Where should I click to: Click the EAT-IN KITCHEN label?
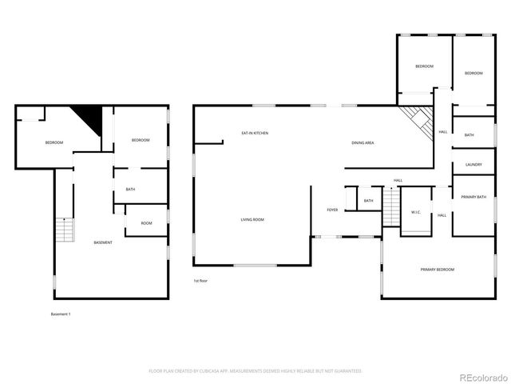255,133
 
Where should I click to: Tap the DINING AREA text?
363,142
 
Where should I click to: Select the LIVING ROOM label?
253,219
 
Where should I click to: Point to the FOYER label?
332,210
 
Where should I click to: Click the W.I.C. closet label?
416,212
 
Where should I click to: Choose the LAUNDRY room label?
473,165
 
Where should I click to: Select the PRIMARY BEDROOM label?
437,270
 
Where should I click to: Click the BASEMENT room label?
103,242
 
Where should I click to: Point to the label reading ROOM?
146,223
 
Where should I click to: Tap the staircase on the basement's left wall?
63,231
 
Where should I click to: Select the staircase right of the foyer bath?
390,208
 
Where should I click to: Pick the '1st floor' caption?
200,282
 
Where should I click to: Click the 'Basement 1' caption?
61,314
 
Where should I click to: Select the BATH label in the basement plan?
129,190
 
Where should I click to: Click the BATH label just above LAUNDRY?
469,135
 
